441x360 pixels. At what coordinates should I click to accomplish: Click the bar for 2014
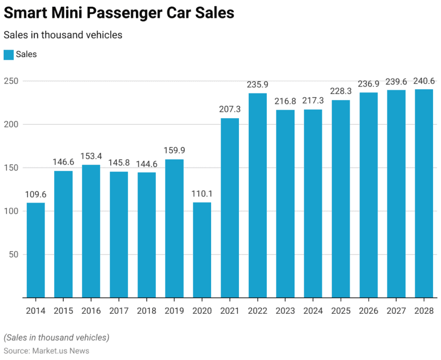pyautogui.click(x=36, y=250)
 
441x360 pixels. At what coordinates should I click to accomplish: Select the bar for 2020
pyautogui.click(x=202, y=250)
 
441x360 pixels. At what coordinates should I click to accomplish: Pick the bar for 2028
pyautogui.click(x=424, y=194)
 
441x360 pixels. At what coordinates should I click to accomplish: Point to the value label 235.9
pyautogui.click(x=258, y=84)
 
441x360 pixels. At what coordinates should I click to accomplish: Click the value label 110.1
pyautogui.click(x=202, y=194)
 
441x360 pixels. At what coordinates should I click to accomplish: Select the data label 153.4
pyautogui.click(x=91, y=156)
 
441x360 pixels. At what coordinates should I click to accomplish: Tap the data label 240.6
pyautogui.click(x=424, y=81)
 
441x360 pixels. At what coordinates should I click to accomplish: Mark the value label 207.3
pyautogui.click(x=230, y=109)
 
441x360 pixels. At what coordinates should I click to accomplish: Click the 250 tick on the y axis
pyautogui.click(x=12, y=81)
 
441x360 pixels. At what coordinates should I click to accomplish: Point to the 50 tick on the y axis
pyautogui.click(x=14, y=255)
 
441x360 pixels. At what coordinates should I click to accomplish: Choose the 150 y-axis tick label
pyautogui.click(x=12, y=168)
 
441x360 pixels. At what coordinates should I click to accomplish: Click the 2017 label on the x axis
pyautogui.click(x=119, y=311)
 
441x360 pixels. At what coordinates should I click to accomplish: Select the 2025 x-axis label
pyautogui.click(x=341, y=311)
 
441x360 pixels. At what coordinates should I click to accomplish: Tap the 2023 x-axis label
pyautogui.click(x=286, y=311)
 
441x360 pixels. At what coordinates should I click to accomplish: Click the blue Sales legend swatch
pyautogui.click(x=8, y=54)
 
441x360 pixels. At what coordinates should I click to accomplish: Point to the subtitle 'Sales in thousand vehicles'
pyautogui.click(x=63, y=35)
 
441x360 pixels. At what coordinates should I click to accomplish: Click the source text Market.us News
pyautogui.click(x=59, y=351)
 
